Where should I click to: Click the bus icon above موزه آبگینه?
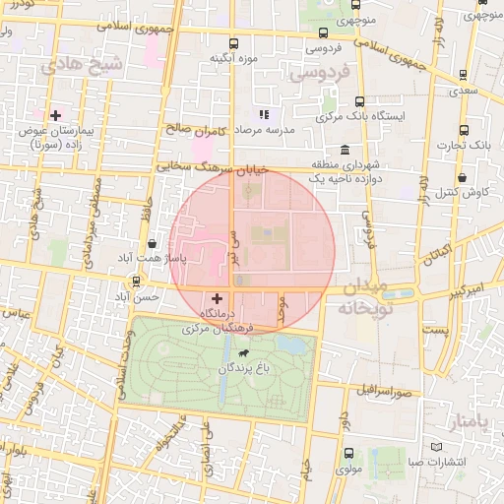point(233,43)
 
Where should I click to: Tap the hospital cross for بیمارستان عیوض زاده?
point(55,115)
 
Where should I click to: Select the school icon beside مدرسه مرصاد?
point(263,113)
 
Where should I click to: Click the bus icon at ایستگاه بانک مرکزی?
point(359,101)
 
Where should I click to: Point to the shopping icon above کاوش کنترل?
point(463,177)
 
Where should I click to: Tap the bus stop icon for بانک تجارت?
point(464,130)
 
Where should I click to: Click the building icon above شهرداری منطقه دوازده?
point(344,150)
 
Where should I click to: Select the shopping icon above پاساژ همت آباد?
point(151,243)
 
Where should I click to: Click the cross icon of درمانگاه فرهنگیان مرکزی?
point(217,296)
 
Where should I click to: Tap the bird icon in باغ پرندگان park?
point(242,352)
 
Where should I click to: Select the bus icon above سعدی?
point(464,75)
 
